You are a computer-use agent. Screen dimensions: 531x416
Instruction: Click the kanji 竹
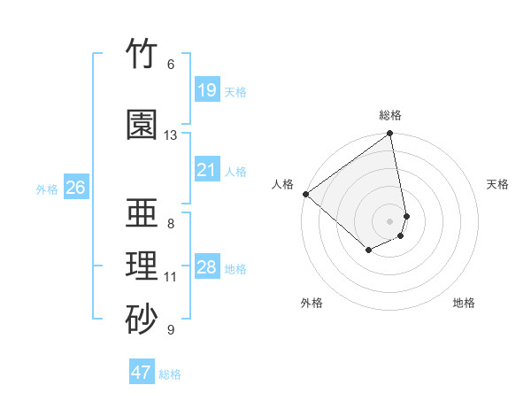(142, 53)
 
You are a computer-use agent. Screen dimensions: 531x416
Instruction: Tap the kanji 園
(142, 124)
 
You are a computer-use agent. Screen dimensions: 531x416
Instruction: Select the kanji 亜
(142, 212)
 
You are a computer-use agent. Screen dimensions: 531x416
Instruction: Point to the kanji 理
(142, 266)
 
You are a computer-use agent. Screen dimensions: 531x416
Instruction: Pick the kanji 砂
(142, 319)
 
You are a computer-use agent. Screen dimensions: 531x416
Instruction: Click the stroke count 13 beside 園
(170, 135)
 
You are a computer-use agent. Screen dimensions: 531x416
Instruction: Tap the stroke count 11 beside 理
(170, 277)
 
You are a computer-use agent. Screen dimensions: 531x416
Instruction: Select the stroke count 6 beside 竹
(171, 65)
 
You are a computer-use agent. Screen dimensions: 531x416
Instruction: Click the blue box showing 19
(207, 89)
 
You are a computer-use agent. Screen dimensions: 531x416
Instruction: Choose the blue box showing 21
(207, 169)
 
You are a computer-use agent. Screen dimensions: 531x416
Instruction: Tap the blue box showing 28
(207, 266)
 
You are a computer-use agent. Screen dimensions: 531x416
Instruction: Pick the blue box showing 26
(76, 187)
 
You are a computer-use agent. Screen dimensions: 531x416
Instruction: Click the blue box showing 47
(142, 371)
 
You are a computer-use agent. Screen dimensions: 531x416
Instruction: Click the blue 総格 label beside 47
(170, 374)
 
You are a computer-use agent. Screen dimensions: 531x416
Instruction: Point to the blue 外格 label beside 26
(47, 189)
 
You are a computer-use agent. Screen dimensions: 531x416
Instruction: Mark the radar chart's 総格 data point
(389, 133)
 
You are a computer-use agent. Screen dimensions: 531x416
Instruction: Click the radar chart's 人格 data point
(306, 194)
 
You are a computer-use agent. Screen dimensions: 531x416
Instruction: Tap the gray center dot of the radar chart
(389, 221)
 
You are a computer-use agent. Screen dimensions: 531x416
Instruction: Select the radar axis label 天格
(497, 184)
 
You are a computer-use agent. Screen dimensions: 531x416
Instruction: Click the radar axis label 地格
(464, 303)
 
